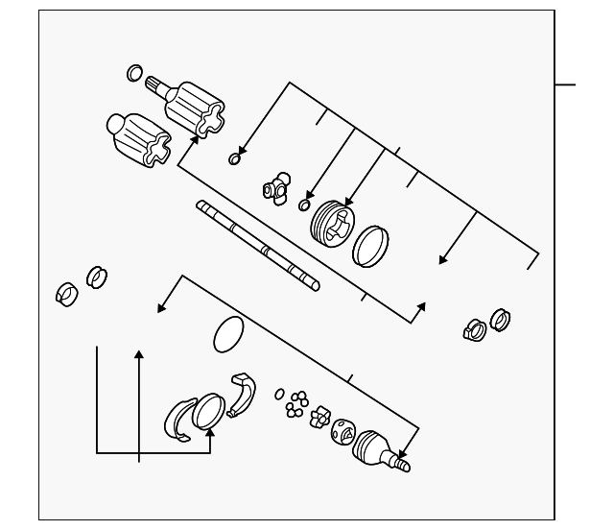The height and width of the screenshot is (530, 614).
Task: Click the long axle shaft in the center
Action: [257, 245]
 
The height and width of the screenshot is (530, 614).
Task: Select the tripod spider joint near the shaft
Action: [277, 186]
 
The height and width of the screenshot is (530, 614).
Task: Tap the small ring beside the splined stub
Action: [135, 73]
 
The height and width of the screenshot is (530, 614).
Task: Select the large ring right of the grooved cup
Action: [371, 246]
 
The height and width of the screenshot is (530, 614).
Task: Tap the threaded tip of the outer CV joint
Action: [402, 466]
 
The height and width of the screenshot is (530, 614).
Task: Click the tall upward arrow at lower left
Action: [139, 403]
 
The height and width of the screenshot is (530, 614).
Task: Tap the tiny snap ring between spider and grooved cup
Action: [304, 205]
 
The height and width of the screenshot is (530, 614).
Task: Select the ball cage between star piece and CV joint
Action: [342, 434]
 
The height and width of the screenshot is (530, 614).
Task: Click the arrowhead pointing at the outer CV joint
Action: [403, 453]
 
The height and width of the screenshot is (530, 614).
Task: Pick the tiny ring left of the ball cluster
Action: [279, 394]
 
